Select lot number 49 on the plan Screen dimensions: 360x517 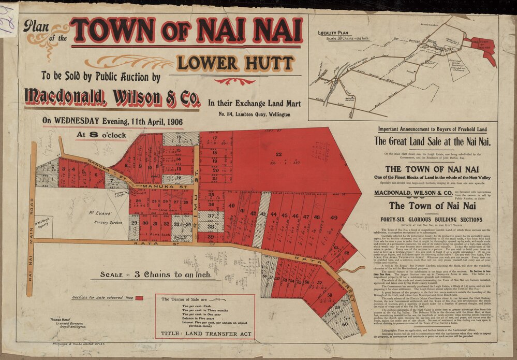point(333,218)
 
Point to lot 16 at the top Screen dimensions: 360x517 point(180,138)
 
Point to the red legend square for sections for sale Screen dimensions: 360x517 point(139,298)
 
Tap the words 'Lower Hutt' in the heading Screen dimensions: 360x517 point(235,63)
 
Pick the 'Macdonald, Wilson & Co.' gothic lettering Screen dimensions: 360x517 point(110,96)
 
